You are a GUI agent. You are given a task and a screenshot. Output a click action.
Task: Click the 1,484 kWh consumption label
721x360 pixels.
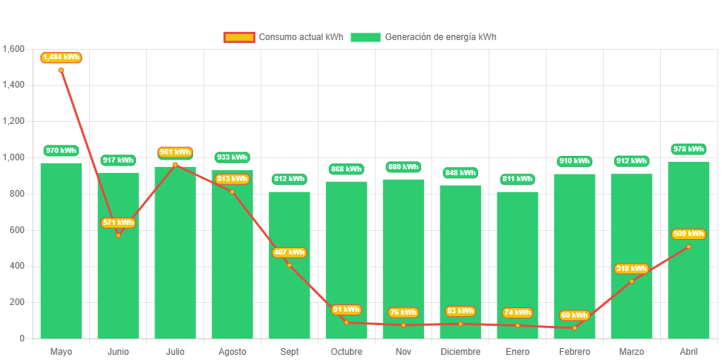(61, 57)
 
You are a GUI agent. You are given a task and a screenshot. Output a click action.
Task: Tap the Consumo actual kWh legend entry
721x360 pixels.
(283, 37)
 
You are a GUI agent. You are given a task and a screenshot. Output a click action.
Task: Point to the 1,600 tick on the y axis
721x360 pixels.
(13, 49)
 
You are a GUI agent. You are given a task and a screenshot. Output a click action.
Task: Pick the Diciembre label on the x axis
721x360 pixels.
(460, 351)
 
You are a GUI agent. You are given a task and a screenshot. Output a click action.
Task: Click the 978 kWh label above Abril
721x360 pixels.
(688, 149)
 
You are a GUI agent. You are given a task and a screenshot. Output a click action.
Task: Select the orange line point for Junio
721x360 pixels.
(118, 235)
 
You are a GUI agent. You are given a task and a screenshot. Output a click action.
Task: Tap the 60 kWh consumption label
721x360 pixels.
(574, 315)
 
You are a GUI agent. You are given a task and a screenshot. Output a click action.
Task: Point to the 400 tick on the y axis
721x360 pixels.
(18, 266)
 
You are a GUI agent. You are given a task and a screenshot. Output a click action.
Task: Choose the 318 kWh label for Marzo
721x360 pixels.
(631, 269)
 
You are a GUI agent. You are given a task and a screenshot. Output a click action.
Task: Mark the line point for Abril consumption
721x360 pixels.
(688, 246)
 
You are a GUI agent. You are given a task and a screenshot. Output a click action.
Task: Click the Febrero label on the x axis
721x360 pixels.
(574, 351)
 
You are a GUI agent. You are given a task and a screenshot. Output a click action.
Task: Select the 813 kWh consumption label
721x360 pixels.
(232, 179)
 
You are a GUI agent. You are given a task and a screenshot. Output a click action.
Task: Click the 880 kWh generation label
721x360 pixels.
(403, 167)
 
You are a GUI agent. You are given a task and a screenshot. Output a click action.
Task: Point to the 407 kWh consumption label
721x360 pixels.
(289, 252)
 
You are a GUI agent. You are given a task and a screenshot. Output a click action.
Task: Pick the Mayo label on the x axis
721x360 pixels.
(61, 351)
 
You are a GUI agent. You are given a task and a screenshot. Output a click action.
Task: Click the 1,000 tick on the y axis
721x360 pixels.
(13, 157)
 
